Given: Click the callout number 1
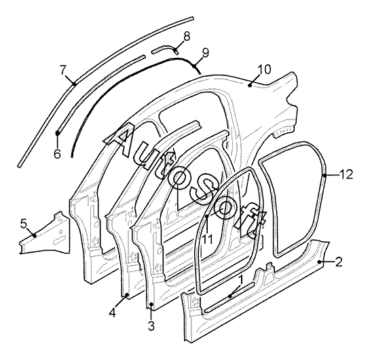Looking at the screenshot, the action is click(240, 280).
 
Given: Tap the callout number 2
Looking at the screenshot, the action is click(339, 262).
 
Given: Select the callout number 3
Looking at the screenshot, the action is click(151, 326).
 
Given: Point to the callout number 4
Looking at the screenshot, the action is click(113, 312).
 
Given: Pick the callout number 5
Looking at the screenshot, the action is click(23, 223).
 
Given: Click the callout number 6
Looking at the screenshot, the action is click(57, 154).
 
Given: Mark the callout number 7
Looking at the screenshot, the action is click(62, 70).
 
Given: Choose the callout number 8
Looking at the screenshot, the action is click(187, 37).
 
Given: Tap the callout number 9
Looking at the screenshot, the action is click(206, 53).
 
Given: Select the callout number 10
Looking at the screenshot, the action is click(264, 69).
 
